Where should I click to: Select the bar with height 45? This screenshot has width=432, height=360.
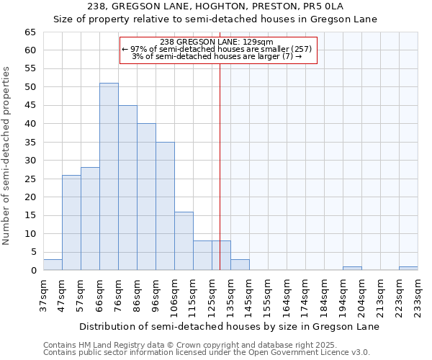[127, 187]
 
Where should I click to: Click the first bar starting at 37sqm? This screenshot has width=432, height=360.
[53, 265]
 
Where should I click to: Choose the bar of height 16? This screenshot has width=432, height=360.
[184, 240]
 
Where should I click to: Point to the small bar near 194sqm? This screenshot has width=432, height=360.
[352, 269]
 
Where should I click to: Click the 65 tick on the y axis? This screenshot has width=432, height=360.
[30, 32]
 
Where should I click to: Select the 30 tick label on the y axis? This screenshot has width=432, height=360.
[30, 161]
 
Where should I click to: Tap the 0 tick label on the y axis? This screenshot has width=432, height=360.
[32, 271]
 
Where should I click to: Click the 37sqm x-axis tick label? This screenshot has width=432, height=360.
[44, 295]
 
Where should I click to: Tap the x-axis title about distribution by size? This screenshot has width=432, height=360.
[229, 326]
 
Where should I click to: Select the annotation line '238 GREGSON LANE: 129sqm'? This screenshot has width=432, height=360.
[217, 42]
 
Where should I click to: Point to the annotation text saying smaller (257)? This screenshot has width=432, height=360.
[217, 49]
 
